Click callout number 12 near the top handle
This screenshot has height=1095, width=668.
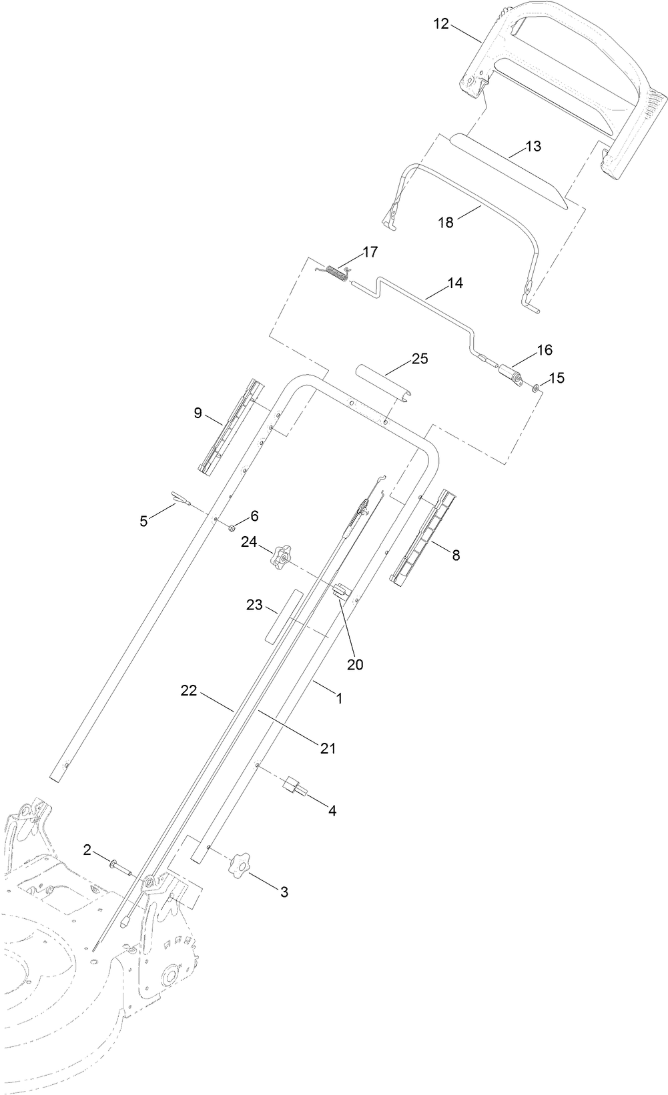(x=441, y=24)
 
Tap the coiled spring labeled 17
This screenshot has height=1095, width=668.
(x=338, y=273)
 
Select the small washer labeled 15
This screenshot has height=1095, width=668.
(x=537, y=387)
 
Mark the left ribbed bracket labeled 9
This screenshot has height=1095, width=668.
(x=231, y=427)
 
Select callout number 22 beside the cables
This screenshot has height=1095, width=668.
(x=189, y=691)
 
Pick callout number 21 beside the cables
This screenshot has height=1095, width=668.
(x=327, y=748)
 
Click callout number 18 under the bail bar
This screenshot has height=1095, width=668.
(x=445, y=223)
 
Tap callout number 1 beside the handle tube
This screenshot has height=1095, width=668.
(x=339, y=698)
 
